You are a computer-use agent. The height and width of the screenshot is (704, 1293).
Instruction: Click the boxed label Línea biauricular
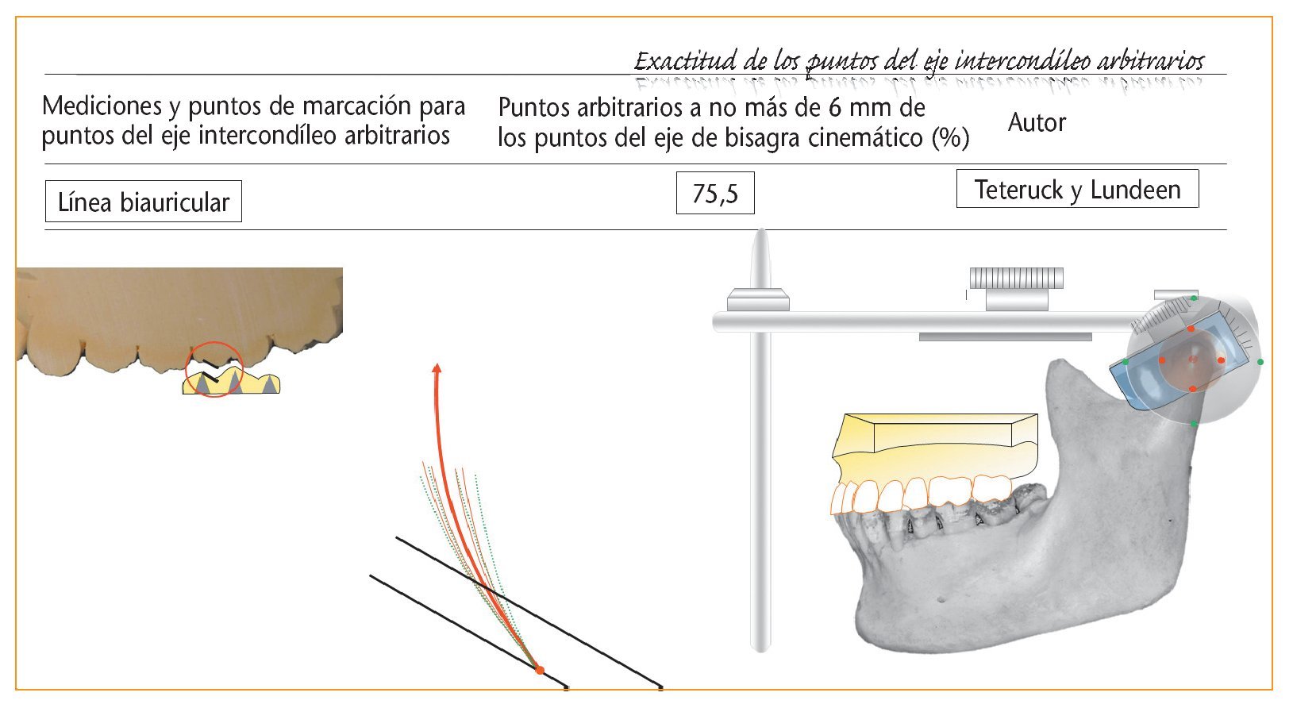coord(143,202)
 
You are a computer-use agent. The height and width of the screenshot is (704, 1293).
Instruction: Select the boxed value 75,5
coord(715,194)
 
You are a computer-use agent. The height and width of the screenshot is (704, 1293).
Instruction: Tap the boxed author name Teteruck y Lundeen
coord(1077,189)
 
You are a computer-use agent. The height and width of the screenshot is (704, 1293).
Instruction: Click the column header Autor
coord(1037,122)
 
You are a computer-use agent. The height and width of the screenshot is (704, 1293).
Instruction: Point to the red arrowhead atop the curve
coord(437,368)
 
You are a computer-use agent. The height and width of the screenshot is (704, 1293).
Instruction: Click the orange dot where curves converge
coord(540,670)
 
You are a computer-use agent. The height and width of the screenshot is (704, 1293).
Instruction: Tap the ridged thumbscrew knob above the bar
coord(1017,278)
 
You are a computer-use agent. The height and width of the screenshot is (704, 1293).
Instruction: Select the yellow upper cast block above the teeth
coord(935,445)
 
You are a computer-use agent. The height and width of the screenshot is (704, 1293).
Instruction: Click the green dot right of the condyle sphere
coord(1260,362)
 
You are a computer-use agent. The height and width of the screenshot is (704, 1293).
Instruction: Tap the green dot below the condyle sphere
coord(1194,424)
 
